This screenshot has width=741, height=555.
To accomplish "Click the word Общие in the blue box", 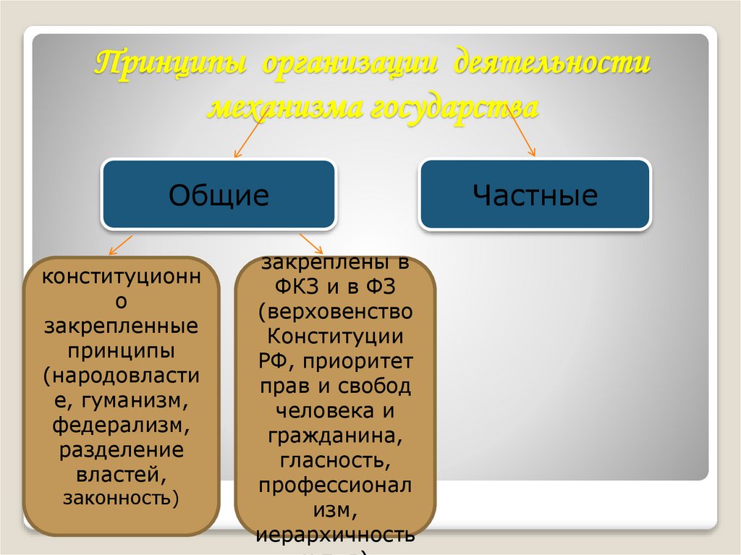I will tap(219, 195).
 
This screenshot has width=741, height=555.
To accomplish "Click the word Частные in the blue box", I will tap(535, 195).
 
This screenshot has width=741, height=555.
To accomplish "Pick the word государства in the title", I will tap(455, 109).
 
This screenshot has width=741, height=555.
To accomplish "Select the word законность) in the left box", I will tap(121, 498).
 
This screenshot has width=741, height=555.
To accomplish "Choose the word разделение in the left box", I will tap(121, 449).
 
